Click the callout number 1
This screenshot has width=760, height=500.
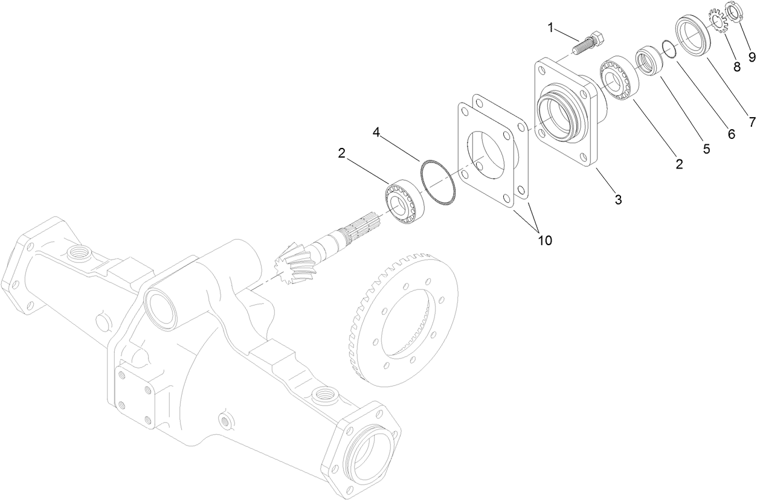click(550, 27)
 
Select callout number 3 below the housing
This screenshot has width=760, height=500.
click(618, 199)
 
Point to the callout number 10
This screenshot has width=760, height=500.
click(544, 240)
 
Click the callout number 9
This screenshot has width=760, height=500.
click(752, 57)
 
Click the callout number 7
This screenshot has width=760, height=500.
click(752, 122)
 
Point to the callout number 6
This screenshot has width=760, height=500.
click(731, 135)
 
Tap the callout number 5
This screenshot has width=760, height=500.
click(706, 149)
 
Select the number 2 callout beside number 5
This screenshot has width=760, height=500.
click(679, 164)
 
